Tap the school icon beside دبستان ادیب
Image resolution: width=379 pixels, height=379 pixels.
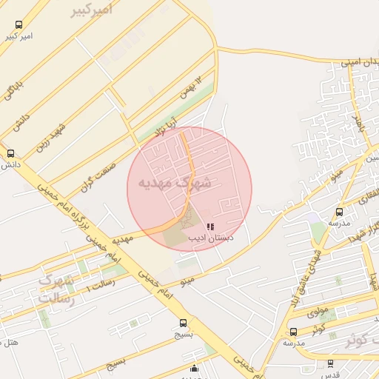[210, 227]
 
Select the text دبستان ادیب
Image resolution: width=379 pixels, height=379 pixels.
[212, 238]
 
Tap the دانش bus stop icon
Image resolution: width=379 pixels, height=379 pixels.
[10, 153]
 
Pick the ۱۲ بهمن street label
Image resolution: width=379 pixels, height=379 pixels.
[190, 88]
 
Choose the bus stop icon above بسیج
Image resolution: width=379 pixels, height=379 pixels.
[183, 323]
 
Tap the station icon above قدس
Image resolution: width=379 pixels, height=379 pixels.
[329, 363]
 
